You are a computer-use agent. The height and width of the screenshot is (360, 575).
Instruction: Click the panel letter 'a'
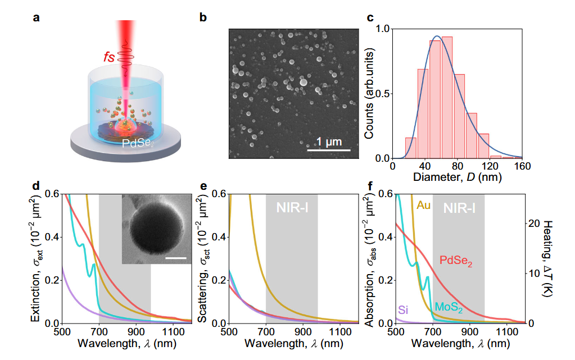37,17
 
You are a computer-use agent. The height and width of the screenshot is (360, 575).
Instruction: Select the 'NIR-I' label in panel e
291,208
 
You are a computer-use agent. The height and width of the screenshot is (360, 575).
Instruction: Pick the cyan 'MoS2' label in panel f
449,308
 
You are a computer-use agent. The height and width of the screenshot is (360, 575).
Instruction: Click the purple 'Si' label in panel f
403,309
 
